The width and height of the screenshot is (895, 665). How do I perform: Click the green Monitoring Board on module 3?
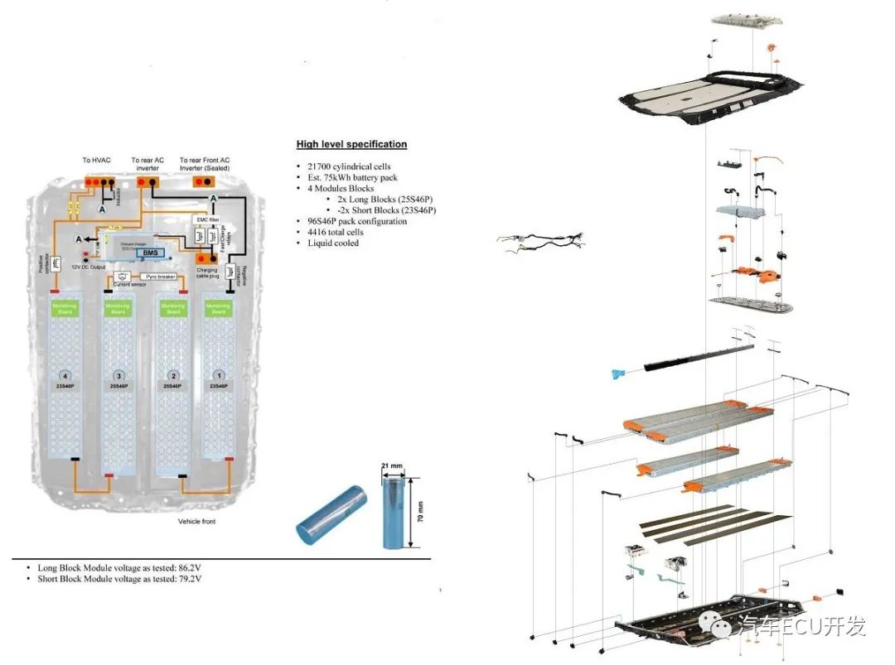[x=116, y=309]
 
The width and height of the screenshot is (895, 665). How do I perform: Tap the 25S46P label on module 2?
[x=172, y=387]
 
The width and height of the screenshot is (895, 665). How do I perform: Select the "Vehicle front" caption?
[x=197, y=522]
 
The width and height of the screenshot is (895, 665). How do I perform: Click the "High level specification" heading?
[x=351, y=144]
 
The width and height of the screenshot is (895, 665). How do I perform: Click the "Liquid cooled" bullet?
[x=333, y=243]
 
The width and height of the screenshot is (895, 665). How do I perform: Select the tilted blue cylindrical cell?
[x=331, y=513]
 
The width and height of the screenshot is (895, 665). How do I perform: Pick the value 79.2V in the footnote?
[x=191, y=579]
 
